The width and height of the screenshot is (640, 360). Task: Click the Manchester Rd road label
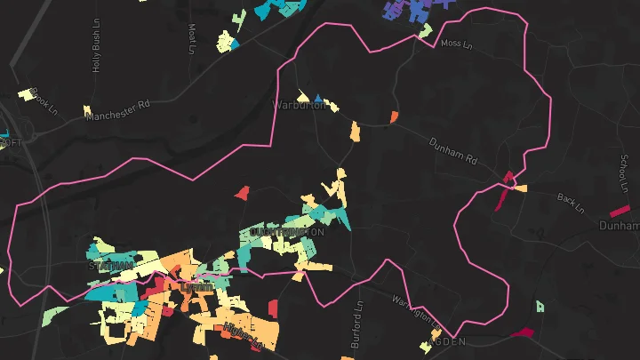click(x=118, y=110)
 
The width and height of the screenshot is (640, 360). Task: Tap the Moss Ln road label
click(x=458, y=43)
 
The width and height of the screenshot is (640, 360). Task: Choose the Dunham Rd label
click(x=453, y=153)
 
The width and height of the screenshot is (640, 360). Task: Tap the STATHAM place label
click(x=110, y=265)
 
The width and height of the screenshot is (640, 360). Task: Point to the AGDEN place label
click(x=446, y=340)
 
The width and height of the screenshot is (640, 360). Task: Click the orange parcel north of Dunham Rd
click(x=394, y=117)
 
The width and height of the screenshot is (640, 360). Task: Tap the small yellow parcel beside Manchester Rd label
click(x=87, y=110)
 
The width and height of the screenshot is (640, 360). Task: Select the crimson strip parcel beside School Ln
click(x=620, y=211)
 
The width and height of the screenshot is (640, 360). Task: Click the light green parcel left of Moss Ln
click(x=426, y=31)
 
